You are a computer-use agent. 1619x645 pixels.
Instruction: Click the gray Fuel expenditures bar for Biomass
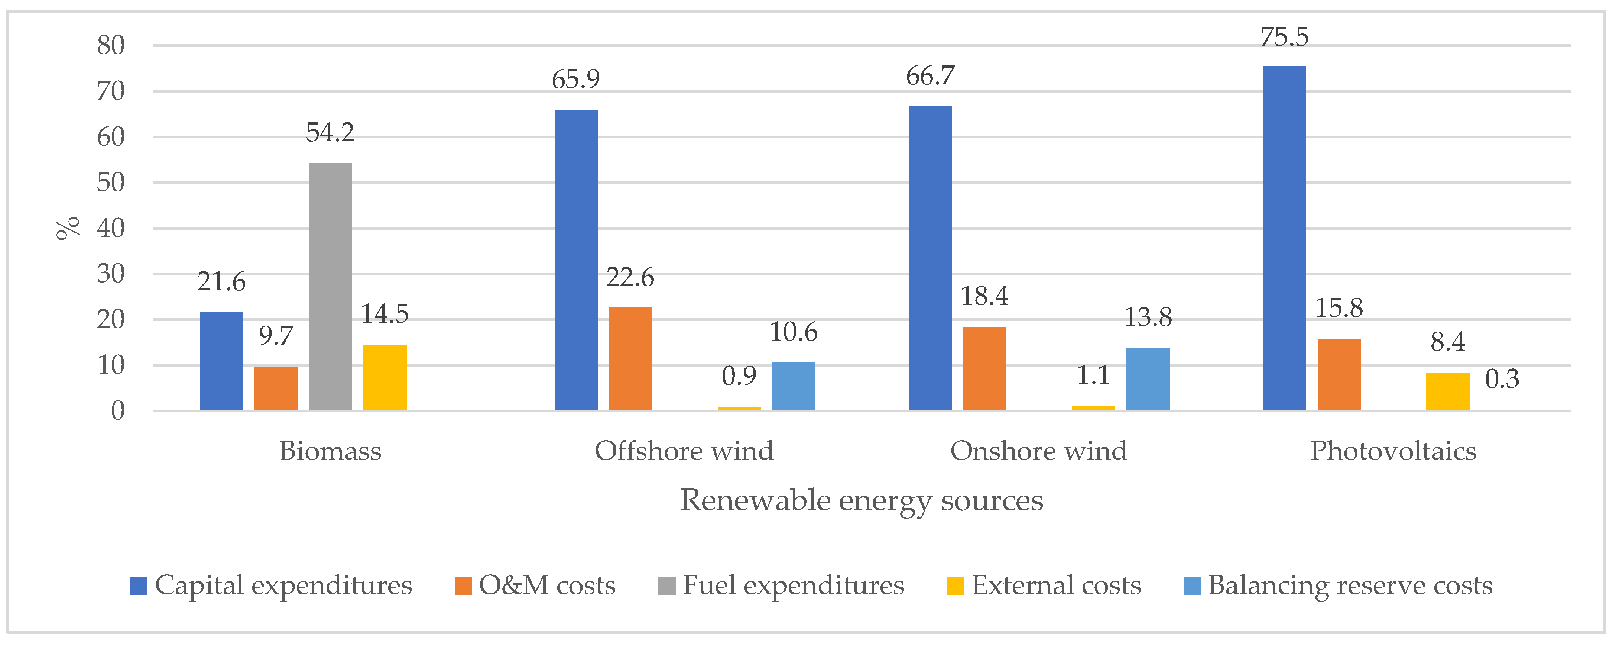(331, 287)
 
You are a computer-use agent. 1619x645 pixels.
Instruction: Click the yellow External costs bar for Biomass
(385, 377)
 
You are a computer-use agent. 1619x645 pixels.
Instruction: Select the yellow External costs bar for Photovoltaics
(1447, 391)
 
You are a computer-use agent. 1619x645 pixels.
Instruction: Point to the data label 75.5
(1284, 37)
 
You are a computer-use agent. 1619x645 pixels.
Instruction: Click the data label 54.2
(330, 133)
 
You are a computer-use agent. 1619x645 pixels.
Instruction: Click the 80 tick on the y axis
(111, 45)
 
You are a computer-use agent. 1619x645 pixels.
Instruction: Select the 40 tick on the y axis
(111, 228)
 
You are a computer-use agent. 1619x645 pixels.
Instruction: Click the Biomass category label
(330, 451)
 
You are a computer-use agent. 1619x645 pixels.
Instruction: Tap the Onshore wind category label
(1038, 451)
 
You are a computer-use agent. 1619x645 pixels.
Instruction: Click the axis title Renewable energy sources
(862, 500)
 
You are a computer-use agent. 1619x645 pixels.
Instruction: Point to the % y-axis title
(68, 228)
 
